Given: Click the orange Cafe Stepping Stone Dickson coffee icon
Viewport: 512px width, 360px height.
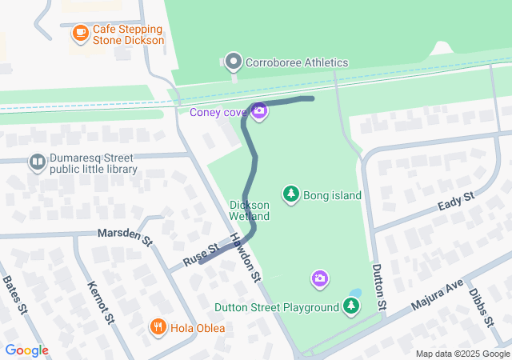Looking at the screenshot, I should (x=80, y=34).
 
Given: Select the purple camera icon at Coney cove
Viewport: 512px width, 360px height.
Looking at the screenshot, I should (x=258, y=111).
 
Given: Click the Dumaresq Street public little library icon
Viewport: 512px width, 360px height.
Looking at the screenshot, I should (x=37, y=163).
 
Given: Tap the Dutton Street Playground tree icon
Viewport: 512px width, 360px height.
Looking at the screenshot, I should (x=350, y=306).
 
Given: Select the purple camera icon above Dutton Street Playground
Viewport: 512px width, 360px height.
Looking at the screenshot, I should (x=319, y=278).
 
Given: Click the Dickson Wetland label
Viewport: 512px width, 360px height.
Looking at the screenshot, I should (x=250, y=210).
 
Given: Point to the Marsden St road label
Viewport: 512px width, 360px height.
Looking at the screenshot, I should (x=124, y=237).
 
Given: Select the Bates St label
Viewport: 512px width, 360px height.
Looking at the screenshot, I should (x=16, y=294).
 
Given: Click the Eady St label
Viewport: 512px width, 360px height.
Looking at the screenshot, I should (x=456, y=202).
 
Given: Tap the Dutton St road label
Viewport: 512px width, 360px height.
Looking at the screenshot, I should (x=379, y=288).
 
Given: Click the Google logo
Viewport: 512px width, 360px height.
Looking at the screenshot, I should (x=26, y=350).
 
